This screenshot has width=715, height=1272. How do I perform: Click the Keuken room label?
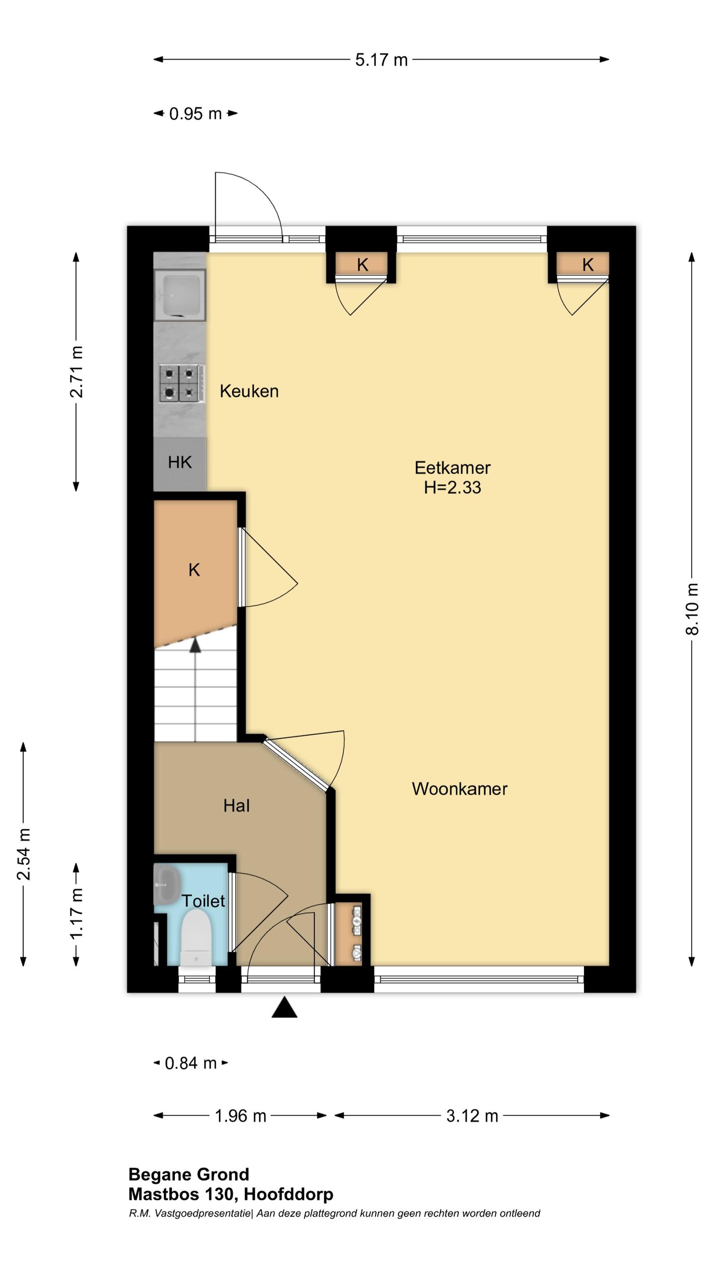pos(249,391)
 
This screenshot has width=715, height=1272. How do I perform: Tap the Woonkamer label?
pos(459,789)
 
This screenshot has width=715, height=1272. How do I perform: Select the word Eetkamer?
pos(452,468)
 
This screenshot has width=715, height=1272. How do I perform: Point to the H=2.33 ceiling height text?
pos(452,487)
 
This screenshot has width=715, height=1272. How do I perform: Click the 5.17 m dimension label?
pos(381,60)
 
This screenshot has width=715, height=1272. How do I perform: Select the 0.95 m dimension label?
pos(195,114)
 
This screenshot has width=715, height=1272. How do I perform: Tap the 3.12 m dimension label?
pos(472,1116)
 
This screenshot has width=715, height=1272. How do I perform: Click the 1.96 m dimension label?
pos(240,1116)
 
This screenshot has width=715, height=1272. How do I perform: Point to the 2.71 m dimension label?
pos(76,372)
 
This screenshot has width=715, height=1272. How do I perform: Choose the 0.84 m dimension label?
pos(191,1063)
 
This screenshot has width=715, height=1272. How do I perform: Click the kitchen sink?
pos(179,295)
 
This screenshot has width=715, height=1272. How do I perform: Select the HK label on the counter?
pos(179,462)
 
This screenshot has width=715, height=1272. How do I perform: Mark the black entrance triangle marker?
pos(285,1007)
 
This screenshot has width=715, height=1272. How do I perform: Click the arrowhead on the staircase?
pos(195,645)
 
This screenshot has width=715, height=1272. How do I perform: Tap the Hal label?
pos(236,805)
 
